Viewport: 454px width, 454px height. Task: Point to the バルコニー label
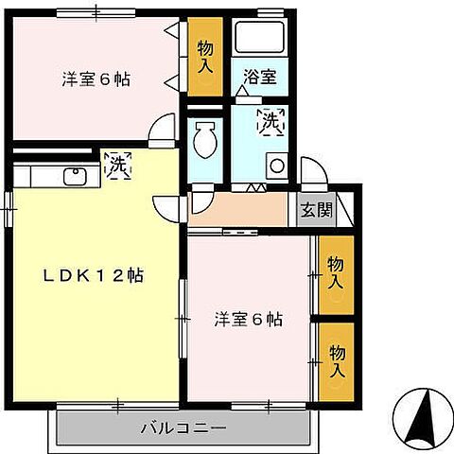point(183,428)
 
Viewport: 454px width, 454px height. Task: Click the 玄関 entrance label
point(316,211)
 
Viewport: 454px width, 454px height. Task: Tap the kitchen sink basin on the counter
point(75,175)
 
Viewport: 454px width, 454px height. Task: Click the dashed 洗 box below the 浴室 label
point(271,121)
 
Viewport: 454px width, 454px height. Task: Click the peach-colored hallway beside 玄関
point(238,209)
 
